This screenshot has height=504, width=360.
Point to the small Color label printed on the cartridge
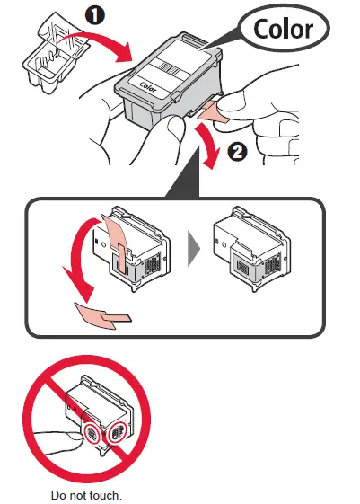point(146,87)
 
